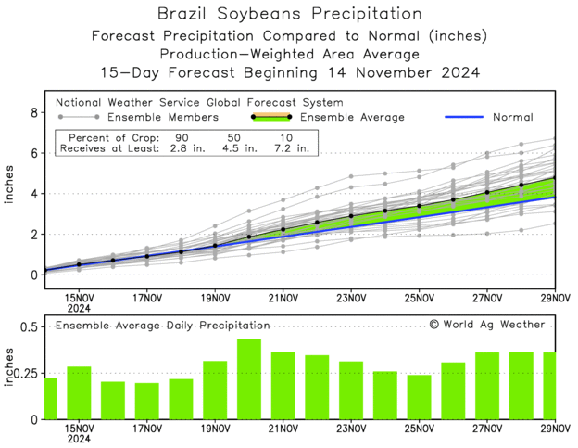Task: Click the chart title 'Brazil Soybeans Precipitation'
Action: click(289, 14)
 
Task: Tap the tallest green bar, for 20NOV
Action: click(249, 379)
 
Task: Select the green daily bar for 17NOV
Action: click(146, 401)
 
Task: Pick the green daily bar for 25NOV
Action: click(419, 397)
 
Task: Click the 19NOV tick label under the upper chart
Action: click(215, 298)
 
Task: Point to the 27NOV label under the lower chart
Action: click(487, 429)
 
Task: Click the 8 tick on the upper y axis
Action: click(34, 113)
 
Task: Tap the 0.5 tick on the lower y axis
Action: click(27, 327)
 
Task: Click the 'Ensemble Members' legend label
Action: click(163, 117)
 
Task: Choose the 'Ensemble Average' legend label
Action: click(355, 117)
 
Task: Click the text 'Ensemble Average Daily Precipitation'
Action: click(163, 326)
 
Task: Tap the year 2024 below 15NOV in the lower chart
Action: click(78, 440)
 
